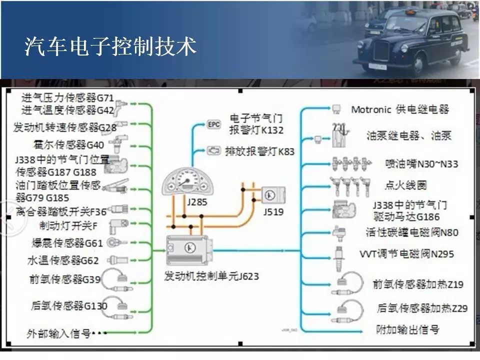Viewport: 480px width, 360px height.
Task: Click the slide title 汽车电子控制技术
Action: [110, 47]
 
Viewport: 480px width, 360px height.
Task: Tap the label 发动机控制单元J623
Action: [211, 276]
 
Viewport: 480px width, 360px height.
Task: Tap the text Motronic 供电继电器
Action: [400, 109]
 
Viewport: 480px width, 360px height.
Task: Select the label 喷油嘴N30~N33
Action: [415, 164]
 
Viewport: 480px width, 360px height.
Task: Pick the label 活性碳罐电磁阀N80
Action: [411, 232]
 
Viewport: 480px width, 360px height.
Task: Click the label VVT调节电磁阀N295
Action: [407, 254]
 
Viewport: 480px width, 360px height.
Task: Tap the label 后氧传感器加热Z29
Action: [422, 308]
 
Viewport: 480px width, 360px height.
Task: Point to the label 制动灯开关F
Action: [68, 225]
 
